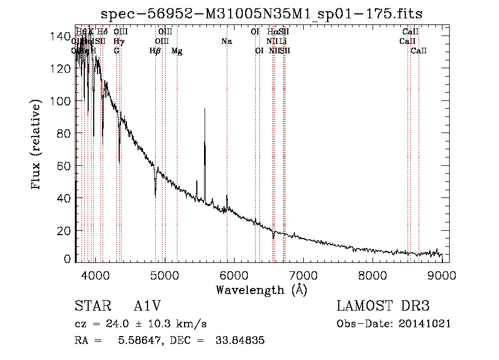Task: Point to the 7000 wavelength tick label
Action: point(303,275)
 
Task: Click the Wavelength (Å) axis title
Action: point(261,290)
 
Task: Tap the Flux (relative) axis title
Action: point(37,145)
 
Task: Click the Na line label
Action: point(226,41)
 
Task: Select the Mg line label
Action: point(177,51)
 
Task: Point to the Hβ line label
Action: point(155,51)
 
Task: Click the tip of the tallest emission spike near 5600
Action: point(205,109)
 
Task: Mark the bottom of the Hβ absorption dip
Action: point(155,197)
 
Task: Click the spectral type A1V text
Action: point(149,306)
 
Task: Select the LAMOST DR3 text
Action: point(383,306)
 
